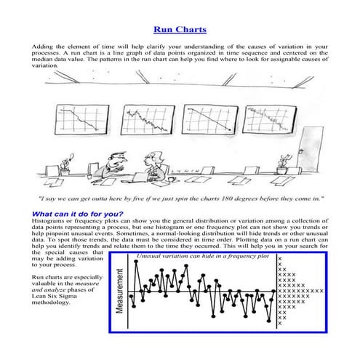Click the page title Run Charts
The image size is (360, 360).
tap(180, 30)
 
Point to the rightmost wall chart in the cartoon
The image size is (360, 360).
tap(265, 120)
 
